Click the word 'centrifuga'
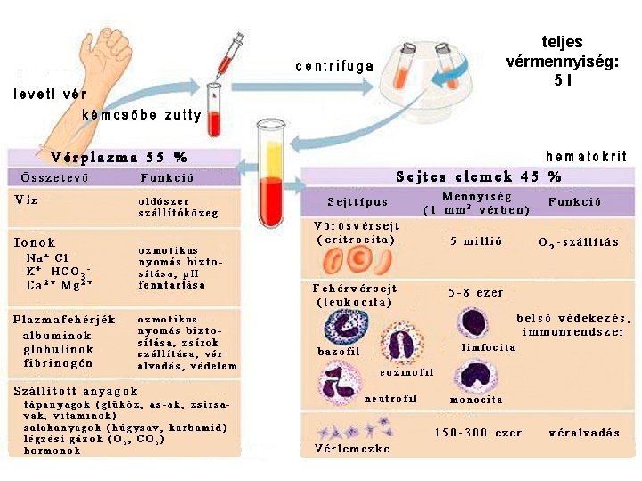coord(334,66)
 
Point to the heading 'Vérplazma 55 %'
coord(119,157)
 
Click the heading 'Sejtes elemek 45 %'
coord(479,175)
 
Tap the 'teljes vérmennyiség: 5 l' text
coord(563,61)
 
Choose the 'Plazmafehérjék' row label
coord(64,318)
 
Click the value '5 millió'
coord(476,240)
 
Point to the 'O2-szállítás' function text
coord(579,241)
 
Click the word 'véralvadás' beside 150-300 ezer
coord(584,432)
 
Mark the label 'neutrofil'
coord(390,398)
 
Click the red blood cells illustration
coord(357,259)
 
